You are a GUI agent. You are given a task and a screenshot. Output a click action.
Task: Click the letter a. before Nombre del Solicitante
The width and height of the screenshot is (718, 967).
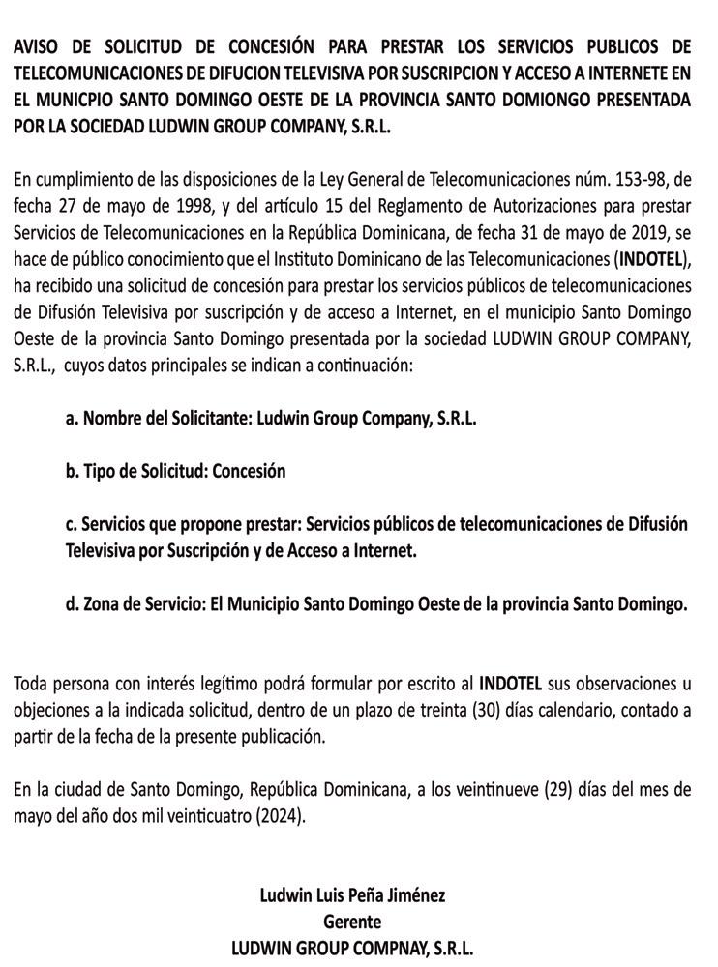(x=72, y=419)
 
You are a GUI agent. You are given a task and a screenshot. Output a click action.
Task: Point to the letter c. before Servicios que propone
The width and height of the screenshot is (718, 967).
(x=72, y=525)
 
